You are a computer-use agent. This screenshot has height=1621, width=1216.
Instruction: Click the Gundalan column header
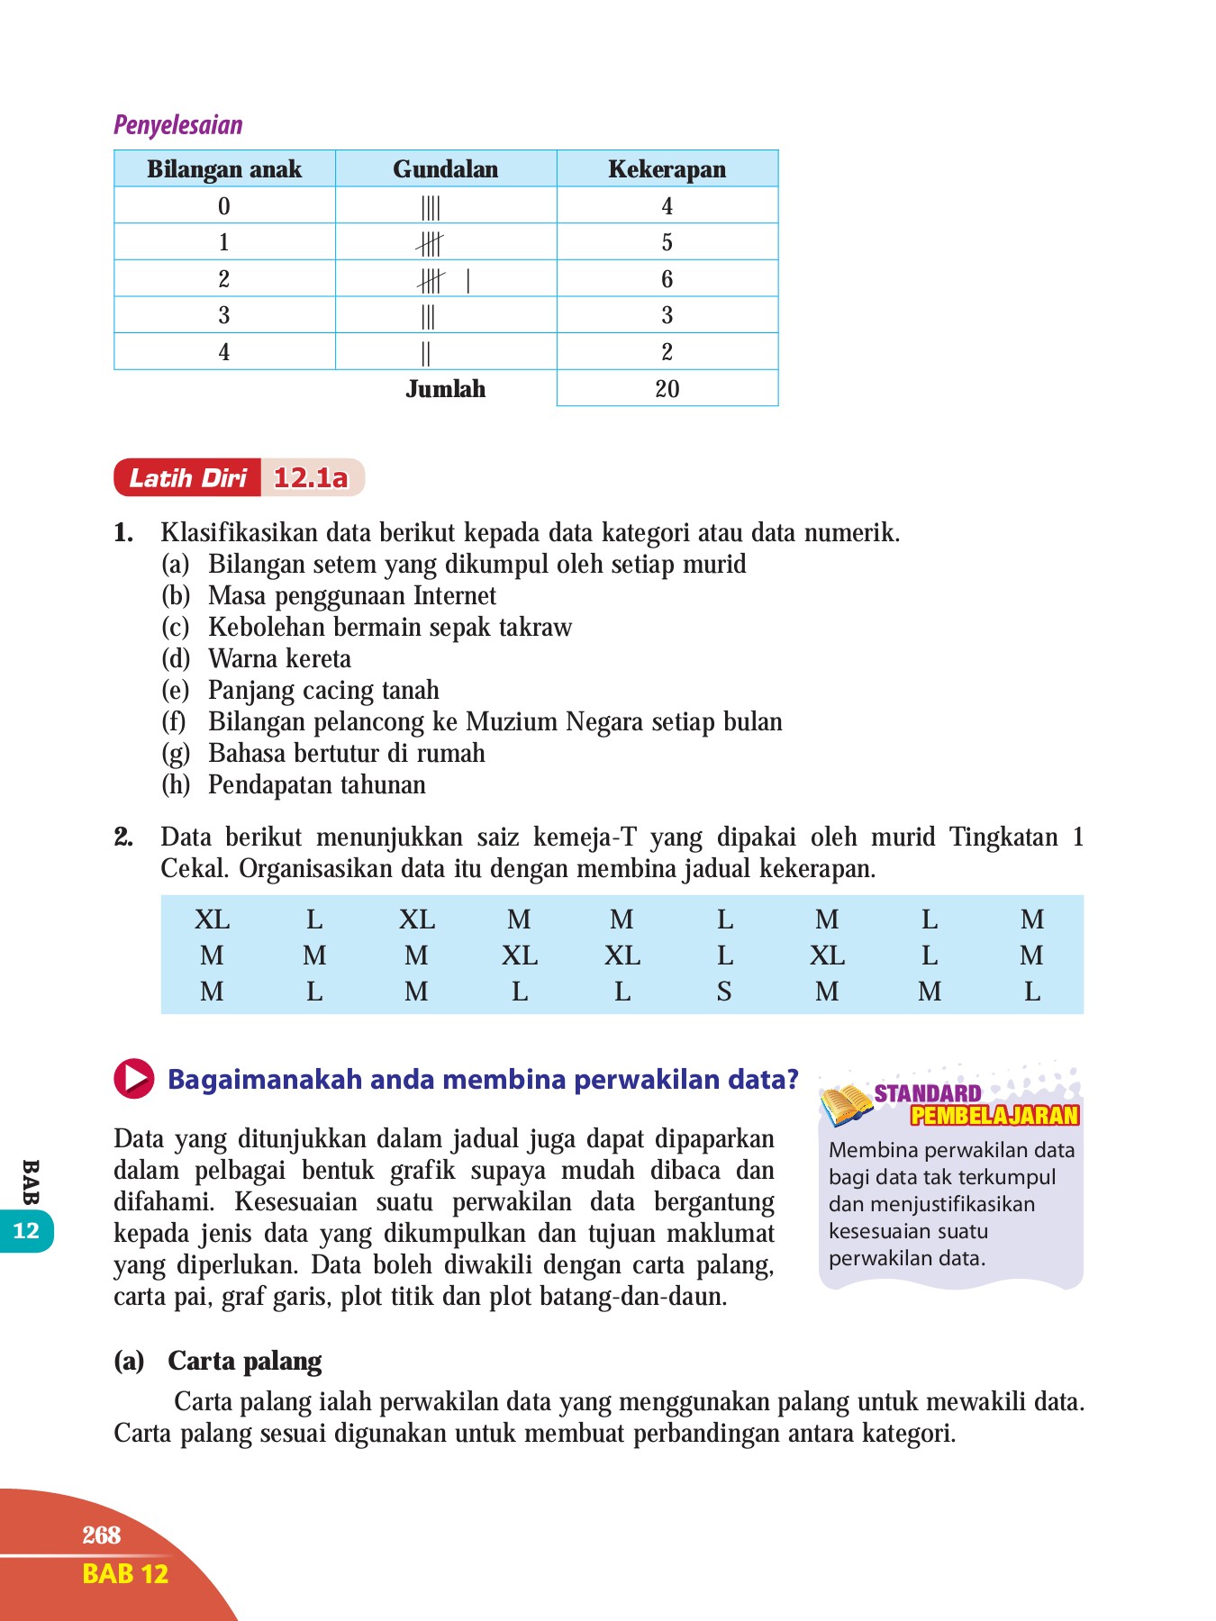445,169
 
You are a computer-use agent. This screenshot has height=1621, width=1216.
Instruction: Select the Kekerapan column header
667,169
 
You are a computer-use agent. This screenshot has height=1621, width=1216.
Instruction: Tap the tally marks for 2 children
441,281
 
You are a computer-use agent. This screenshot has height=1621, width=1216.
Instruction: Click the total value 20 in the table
667,389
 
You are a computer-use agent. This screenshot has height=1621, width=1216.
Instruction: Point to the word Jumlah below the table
445,389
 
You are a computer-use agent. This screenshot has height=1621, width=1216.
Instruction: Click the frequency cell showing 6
667,279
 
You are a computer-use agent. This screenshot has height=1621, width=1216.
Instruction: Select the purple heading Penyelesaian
178,125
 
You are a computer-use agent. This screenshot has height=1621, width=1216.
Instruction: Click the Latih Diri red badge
187,478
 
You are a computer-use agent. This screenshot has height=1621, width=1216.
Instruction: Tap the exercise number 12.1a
311,478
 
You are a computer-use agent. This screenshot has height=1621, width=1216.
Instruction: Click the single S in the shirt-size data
724,992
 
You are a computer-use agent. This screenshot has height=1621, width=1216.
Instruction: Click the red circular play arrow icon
133,1078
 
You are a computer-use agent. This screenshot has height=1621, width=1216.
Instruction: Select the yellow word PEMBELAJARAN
994,1116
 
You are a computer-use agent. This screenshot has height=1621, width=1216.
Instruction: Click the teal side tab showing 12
26,1231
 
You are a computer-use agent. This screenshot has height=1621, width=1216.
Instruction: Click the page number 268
101,1535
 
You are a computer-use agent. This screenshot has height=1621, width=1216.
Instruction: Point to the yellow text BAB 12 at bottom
124,1574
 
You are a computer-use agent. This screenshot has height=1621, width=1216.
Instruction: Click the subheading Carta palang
244,1361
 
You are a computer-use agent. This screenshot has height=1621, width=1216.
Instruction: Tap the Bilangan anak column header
224,169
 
